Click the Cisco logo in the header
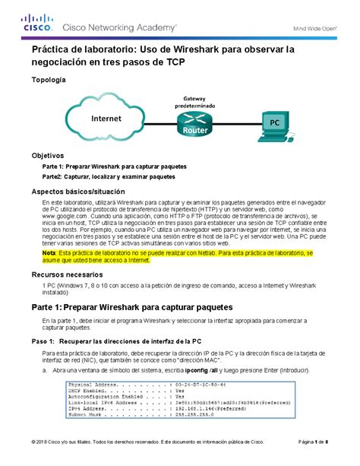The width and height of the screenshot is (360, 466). point(32,24)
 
